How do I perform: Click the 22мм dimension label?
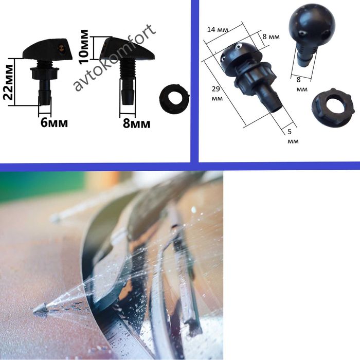coord(8,82)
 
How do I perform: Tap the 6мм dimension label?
coord(54,122)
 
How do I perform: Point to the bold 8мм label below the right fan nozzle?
coord(137,123)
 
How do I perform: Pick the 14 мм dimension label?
coord(218,30)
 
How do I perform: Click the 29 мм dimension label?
coord(217,94)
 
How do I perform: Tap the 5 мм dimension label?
coord(293,136)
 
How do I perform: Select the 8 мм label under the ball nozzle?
coord(301,84)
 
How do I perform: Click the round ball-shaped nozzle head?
coord(312,24)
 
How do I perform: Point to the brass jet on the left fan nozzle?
coord(61,48)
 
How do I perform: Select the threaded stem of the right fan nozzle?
coord(127,68)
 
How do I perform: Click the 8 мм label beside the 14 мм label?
coord(271,37)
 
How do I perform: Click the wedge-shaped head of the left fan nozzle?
coord(48,49)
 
